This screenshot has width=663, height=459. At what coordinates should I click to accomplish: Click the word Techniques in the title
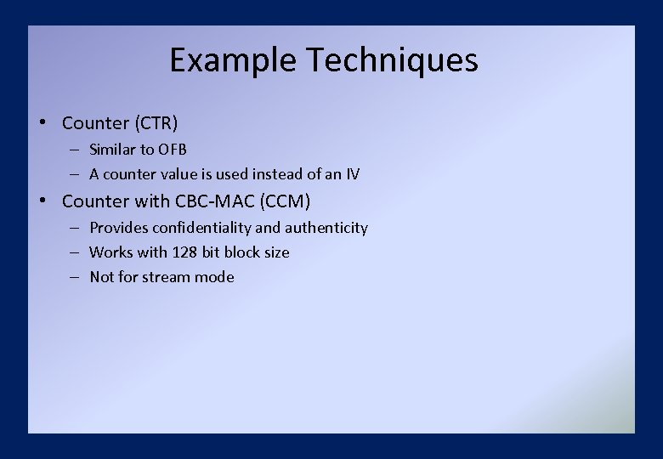point(391,61)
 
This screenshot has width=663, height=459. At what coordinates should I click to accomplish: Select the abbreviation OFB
point(173,150)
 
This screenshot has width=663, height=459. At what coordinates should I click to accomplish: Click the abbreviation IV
point(353,174)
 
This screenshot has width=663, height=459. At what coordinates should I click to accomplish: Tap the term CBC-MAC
point(208,201)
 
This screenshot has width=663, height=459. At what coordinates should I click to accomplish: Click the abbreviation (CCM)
point(281,201)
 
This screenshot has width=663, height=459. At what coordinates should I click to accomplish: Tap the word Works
point(110,252)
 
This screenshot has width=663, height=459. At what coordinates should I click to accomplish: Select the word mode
point(216,277)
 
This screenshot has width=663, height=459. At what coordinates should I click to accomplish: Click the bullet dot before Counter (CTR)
point(41,123)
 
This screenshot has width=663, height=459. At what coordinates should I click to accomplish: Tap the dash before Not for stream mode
point(75,277)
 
